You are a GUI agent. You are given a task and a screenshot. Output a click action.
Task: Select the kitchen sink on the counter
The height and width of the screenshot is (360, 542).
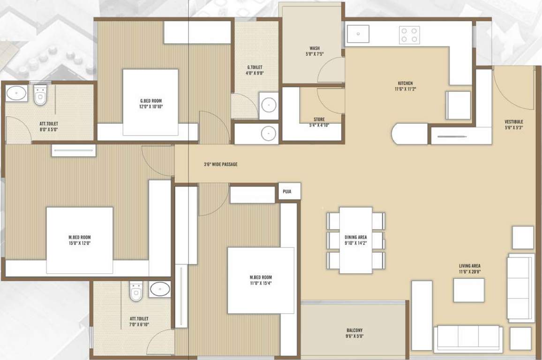point(358,34)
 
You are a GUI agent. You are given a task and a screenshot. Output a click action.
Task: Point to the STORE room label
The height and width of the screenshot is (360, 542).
point(319,120)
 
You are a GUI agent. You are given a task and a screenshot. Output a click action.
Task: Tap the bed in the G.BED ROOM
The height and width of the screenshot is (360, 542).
point(151,100)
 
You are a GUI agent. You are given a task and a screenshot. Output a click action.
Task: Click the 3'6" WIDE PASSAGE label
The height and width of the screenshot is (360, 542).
point(220,165)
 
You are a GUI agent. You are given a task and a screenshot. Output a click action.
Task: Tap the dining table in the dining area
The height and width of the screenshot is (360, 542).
point(355,240)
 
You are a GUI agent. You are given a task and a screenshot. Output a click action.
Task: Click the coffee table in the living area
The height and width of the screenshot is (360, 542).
point(468,290)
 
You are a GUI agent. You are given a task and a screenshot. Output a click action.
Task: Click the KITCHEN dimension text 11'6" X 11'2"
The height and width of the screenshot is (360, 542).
point(406,89)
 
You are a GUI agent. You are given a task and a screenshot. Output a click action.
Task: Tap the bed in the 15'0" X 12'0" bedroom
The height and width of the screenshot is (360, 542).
point(79,240)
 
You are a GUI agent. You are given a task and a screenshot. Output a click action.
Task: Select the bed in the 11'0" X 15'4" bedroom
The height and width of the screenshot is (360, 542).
point(261,280)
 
